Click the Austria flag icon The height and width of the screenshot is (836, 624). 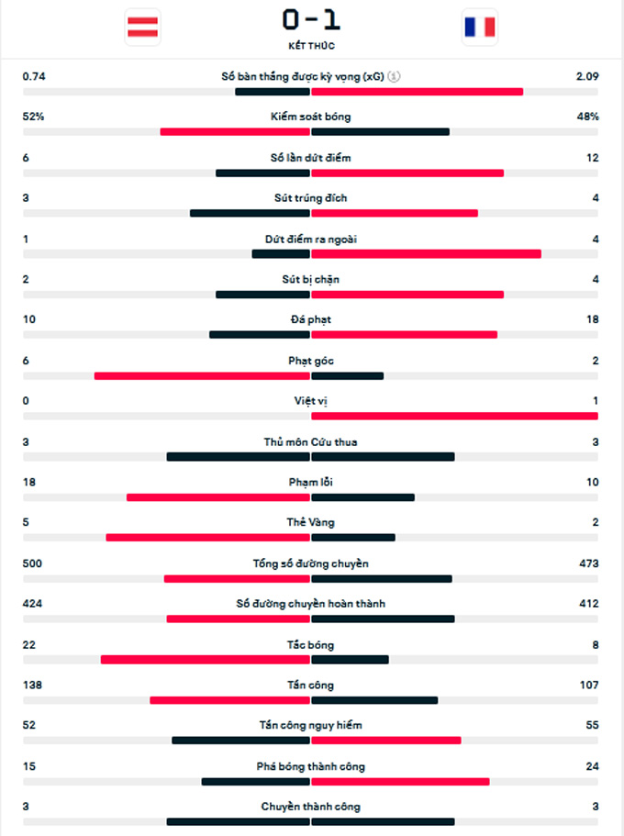point(142,27)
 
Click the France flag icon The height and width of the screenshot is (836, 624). point(480,27)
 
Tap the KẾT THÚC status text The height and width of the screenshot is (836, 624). point(311,46)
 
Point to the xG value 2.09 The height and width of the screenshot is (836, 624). point(587,77)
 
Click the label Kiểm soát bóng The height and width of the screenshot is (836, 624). point(311,117)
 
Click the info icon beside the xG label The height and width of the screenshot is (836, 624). point(394,77)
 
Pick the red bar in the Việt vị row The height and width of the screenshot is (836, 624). point(454,416)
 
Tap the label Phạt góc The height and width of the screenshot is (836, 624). point(311,361)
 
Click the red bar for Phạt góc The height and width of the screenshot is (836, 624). point(202,375)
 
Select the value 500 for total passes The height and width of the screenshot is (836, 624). point(32,563)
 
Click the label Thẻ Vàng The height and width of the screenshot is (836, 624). point(311,523)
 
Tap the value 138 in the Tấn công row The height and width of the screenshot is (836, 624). point(32,686)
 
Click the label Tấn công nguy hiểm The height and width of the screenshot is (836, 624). point(311,726)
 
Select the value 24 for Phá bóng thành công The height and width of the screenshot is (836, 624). point(592,766)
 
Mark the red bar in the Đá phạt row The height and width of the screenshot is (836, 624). point(404,335)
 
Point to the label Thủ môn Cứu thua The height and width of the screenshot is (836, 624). point(311,442)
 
